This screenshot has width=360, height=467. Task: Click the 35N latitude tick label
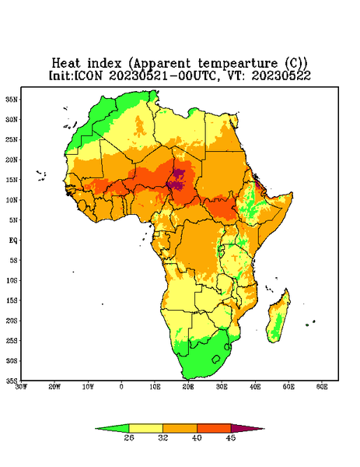(12, 99)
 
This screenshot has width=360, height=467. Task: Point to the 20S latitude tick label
(12, 321)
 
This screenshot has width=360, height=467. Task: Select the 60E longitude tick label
(322, 387)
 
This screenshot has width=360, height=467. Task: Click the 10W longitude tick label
(88, 387)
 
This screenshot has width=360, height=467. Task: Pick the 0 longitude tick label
(121, 387)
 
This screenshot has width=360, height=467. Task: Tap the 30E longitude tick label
(222, 387)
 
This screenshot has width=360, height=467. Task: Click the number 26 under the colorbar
(129, 437)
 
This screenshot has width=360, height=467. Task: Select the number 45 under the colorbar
(231, 437)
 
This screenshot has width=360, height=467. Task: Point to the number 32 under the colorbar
(163, 437)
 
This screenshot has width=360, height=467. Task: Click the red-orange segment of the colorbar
(214, 428)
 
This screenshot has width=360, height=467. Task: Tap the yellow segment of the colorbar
(145, 428)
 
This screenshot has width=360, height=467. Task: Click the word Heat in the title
(66, 64)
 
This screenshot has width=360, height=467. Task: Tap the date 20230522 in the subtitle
(281, 75)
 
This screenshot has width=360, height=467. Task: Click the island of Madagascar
(279, 318)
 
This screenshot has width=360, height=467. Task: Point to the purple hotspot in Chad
(178, 180)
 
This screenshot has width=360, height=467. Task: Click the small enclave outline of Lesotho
(216, 359)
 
